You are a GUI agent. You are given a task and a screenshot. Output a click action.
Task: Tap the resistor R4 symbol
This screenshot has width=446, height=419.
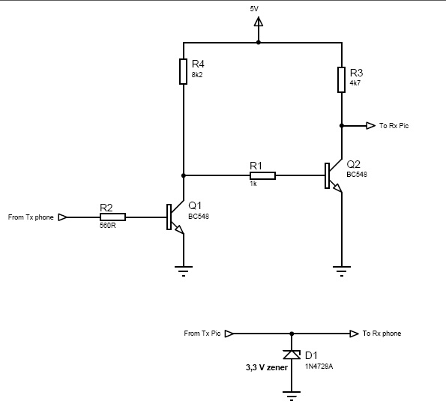click(x=183, y=71)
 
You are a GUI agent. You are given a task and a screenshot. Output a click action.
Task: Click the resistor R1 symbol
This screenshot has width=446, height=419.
click(x=262, y=175)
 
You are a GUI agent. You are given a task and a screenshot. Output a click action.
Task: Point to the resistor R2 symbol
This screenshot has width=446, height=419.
click(x=112, y=217)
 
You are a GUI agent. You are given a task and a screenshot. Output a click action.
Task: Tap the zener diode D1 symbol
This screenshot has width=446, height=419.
click(x=292, y=355)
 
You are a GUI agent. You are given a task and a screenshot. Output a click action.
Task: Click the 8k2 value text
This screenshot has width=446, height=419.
click(x=198, y=75)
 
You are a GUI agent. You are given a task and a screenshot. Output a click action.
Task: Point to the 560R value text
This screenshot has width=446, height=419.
click(x=108, y=225)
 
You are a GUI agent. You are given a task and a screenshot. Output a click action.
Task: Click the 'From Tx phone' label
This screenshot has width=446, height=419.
click(x=31, y=217)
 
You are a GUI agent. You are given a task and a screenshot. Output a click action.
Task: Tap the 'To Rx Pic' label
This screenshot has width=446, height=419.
click(x=394, y=126)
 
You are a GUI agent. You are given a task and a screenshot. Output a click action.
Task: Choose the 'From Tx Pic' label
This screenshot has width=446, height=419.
click(x=202, y=333)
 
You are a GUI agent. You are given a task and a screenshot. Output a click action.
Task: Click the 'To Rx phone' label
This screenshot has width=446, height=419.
click(x=382, y=333)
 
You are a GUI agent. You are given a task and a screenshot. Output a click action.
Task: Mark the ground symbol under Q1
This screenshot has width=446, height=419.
click(x=183, y=270)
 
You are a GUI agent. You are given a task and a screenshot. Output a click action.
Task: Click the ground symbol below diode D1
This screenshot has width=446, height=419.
click(x=292, y=394)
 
